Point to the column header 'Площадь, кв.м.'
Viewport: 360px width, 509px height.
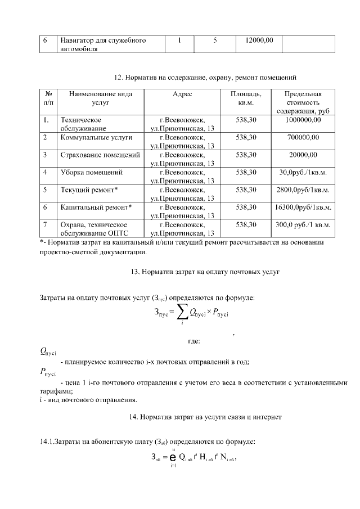click(246, 98)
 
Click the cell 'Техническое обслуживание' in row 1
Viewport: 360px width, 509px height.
click(81, 124)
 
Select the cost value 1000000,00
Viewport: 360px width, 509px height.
click(303, 120)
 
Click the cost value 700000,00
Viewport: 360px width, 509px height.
click(303, 137)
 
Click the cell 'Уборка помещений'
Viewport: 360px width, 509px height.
click(91, 172)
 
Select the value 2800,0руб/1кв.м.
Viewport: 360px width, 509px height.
click(303, 190)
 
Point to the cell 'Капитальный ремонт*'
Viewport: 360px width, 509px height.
click(96, 207)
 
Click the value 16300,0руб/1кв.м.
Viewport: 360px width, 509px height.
click(303, 207)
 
